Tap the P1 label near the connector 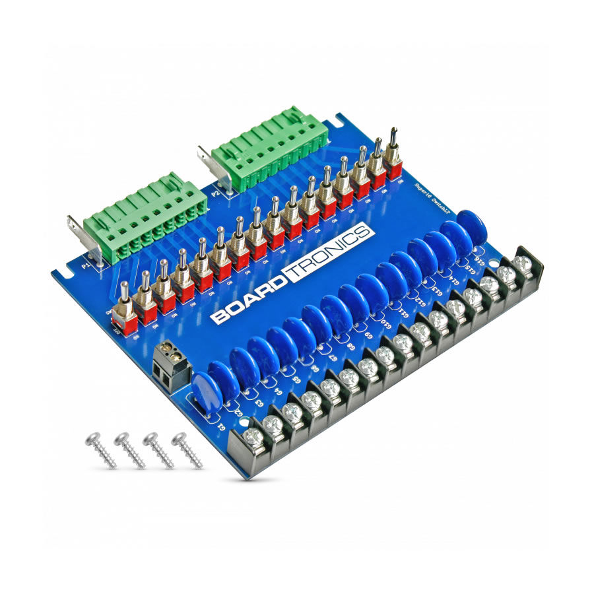85,265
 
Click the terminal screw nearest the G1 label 254,437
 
